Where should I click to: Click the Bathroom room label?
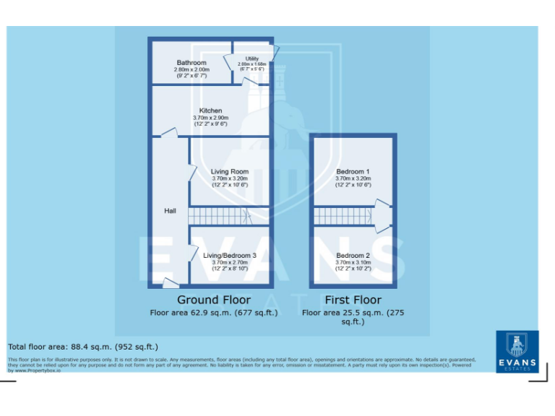192,63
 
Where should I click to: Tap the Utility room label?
252,58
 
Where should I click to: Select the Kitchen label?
210,110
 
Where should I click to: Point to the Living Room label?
230,172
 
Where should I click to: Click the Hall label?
170,211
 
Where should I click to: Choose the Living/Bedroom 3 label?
230,256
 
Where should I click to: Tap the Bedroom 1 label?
353,171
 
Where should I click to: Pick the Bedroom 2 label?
353,256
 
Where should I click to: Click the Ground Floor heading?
214,300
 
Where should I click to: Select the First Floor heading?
353,300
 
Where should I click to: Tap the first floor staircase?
344,215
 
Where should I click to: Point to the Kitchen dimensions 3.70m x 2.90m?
210,118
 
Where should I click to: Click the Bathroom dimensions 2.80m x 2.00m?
192,69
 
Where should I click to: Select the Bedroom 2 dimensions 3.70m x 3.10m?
353,262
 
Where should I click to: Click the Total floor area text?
82,347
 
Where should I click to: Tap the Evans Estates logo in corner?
517,352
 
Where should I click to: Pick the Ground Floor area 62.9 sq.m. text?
214,313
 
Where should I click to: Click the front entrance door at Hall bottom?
171,283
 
